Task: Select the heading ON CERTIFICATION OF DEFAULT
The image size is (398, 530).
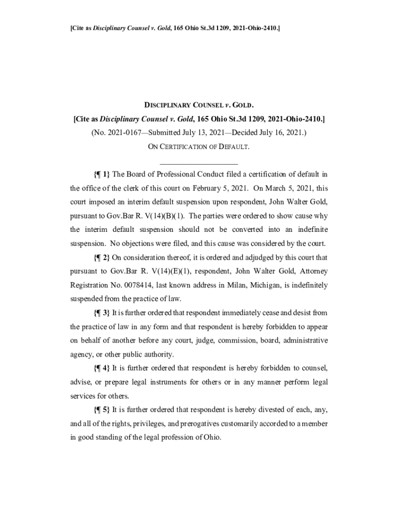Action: [199, 146]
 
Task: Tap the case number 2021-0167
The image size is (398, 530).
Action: [120, 132]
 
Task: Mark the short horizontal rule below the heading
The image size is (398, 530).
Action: [198, 164]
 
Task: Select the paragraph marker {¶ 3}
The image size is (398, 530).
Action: [102, 313]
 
